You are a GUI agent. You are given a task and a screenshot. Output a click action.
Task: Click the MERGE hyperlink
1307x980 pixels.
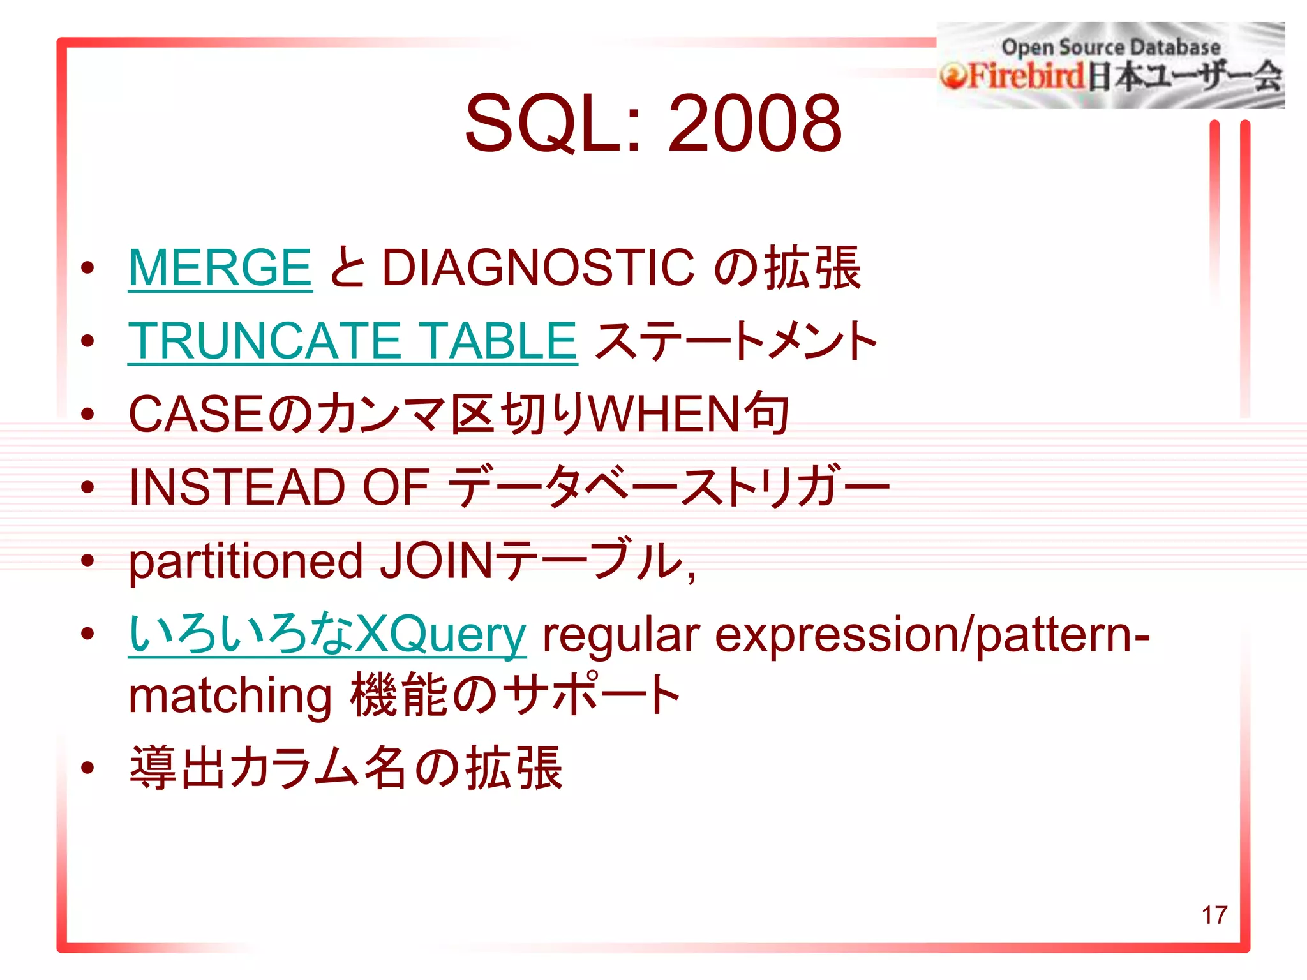pyautogui.click(x=220, y=268)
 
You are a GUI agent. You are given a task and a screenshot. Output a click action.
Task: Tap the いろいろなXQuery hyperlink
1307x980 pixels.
pyautogui.click(x=327, y=634)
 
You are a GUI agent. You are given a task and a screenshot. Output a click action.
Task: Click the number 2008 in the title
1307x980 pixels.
pyautogui.click(x=754, y=123)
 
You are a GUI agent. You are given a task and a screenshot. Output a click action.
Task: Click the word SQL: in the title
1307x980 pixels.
pyautogui.click(x=553, y=123)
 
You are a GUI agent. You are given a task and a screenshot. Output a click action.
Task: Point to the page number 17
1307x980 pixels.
pyautogui.click(x=1214, y=915)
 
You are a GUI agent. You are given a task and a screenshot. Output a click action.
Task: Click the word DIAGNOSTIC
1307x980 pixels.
pyautogui.click(x=538, y=268)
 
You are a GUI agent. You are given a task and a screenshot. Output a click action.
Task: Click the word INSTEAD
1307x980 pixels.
pyautogui.click(x=237, y=487)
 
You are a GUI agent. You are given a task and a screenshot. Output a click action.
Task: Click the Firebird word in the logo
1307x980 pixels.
pyautogui.click(x=1026, y=77)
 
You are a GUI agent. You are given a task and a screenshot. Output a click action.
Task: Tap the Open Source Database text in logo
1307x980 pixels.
pyautogui.click(x=1110, y=47)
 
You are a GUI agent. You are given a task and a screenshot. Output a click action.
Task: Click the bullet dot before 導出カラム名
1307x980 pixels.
pyautogui.click(x=88, y=768)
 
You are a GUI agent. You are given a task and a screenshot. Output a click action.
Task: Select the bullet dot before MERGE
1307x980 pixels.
pyautogui.click(x=88, y=268)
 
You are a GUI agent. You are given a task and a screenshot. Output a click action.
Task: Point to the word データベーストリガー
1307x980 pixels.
pyautogui.click(x=668, y=487)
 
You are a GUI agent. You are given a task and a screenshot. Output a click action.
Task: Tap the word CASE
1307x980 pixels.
pyautogui.click(x=195, y=415)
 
